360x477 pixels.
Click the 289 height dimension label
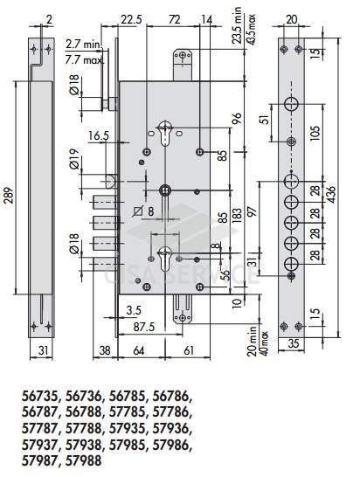pos(9,195)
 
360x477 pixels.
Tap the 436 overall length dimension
pos(331,195)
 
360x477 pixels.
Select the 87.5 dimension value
pos(144,328)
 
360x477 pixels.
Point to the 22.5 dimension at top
pos(131,20)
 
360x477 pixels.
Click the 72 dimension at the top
pos(174,20)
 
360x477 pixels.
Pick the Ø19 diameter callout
pos(74,159)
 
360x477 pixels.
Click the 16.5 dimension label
pos(98,136)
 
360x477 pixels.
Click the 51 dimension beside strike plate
pos(266,119)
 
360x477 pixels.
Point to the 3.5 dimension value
pos(134,311)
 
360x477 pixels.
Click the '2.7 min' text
pos(82,45)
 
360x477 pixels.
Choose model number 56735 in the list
pos(39,397)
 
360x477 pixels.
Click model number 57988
pos(83,461)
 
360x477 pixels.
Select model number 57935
pos(127,429)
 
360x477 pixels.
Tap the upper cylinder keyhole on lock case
pos(164,132)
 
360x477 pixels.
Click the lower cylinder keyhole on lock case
pos(164,258)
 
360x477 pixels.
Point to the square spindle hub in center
pos(165,190)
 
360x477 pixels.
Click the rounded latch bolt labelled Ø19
pos(110,181)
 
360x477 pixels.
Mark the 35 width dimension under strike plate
pos(293,343)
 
